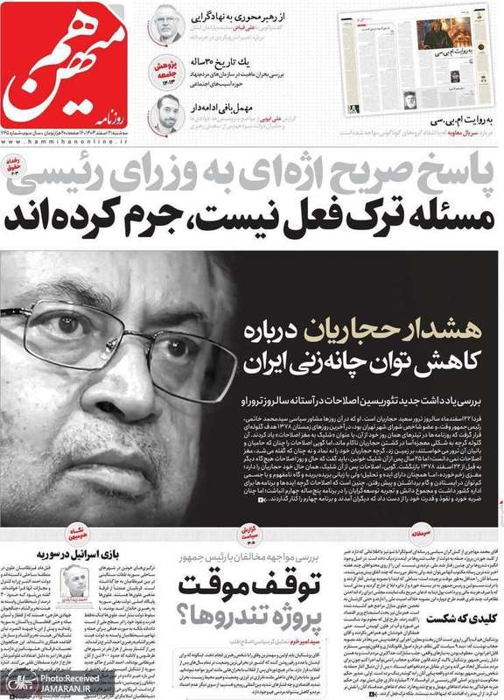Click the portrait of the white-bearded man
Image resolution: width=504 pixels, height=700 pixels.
165,24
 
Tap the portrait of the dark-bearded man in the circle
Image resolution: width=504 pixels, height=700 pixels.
166,113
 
